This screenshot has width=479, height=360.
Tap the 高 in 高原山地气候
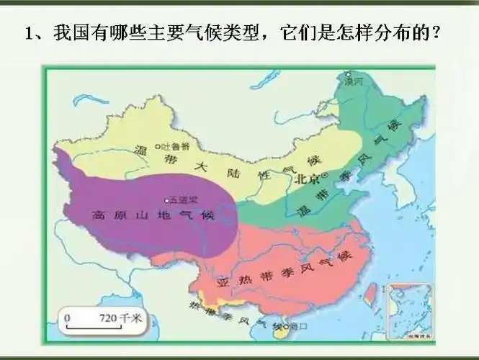tap(97, 215)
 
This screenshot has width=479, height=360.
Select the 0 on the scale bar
tap(68, 317)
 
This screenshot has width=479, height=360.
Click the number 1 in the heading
tap(30, 34)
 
